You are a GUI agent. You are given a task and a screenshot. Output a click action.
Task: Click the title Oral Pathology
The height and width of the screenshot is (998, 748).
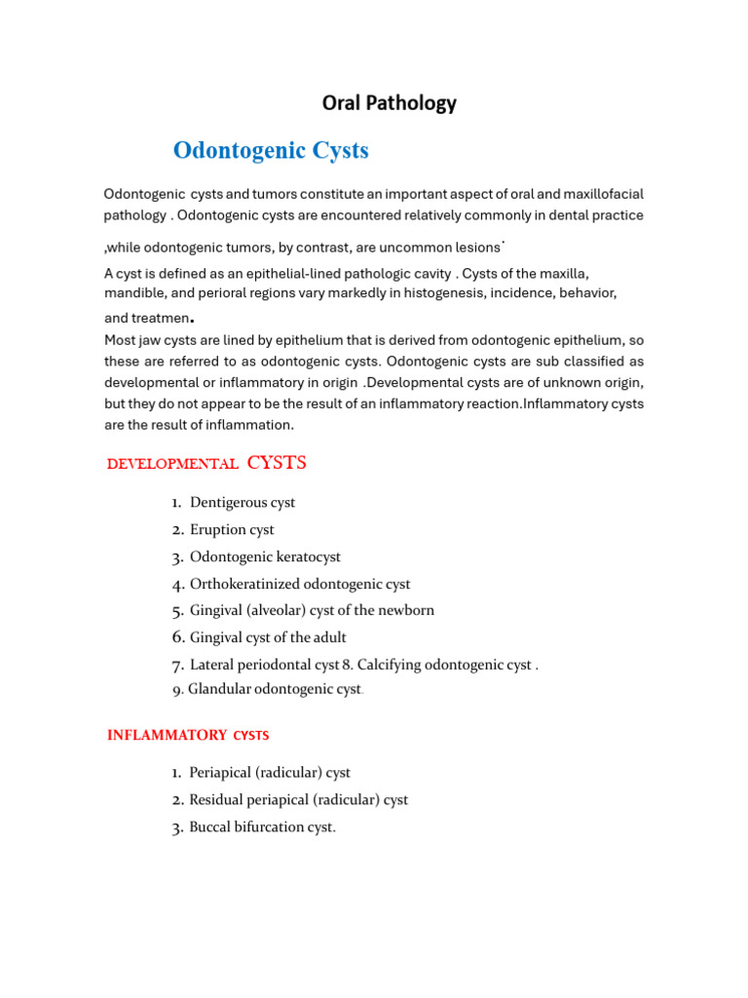pyautogui.click(x=389, y=103)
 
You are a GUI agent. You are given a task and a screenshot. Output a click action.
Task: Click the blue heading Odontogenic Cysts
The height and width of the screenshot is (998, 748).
pyautogui.click(x=271, y=150)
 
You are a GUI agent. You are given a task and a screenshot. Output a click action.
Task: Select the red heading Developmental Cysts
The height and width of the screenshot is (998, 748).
pyautogui.click(x=206, y=463)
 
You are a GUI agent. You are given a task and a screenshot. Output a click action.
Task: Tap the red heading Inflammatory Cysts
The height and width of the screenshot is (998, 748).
pyautogui.click(x=188, y=735)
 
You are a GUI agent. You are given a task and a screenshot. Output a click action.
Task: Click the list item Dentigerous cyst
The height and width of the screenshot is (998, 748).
pyautogui.click(x=243, y=503)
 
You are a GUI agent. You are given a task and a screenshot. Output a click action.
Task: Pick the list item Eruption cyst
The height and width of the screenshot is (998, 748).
pyautogui.click(x=232, y=530)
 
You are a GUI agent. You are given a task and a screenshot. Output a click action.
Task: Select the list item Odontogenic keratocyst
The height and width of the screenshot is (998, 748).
pyautogui.click(x=265, y=557)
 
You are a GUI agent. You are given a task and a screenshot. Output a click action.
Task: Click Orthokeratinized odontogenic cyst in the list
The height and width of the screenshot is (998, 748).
pyautogui.click(x=300, y=585)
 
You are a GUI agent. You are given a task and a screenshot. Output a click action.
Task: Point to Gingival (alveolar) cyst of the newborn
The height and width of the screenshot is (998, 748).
pyautogui.click(x=312, y=611)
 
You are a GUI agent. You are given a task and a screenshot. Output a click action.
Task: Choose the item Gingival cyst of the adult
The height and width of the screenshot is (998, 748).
pyautogui.click(x=268, y=638)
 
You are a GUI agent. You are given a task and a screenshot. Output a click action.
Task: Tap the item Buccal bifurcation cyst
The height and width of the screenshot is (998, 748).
pyautogui.click(x=262, y=827)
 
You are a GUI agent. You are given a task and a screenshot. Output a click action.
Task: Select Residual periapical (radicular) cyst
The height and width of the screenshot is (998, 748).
pyautogui.click(x=298, y=800)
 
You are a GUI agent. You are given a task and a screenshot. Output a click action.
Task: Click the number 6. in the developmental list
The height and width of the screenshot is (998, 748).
pyautogui.click(x=178, y=637)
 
